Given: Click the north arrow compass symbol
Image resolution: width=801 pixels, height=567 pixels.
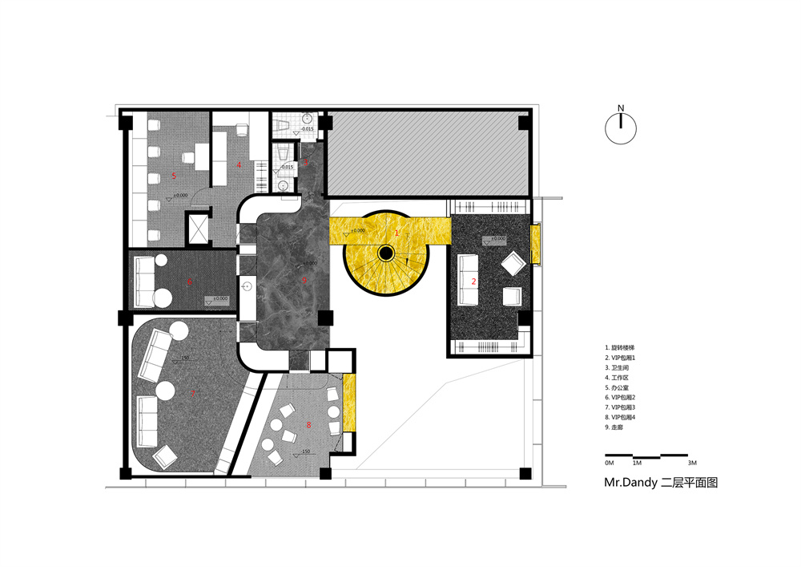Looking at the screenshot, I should (x=621, y=128).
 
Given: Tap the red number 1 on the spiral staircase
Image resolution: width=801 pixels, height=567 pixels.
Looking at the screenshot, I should (x=396, y=232).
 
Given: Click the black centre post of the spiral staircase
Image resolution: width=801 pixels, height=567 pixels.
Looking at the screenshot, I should (x=386, y=253).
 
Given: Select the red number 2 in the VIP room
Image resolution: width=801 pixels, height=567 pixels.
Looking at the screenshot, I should (x=474, y=281).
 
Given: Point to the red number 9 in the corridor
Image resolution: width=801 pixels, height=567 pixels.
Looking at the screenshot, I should (x=304, y=280).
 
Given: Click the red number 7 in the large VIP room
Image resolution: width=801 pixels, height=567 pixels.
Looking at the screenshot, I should (x=193, y=393).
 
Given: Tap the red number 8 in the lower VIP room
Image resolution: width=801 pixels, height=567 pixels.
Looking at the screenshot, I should (x=309, y=424).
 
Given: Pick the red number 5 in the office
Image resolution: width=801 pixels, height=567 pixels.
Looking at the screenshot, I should (x=174, y=175).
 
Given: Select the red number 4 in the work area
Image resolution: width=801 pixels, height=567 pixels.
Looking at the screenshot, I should (x=239, y=164).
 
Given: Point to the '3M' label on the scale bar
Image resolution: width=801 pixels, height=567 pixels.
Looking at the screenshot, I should (x=692, y=464).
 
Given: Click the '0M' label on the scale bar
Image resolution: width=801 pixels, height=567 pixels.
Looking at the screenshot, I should (x=609, y=464).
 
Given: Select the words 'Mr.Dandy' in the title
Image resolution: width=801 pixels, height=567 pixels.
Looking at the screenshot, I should (x=629, y=484).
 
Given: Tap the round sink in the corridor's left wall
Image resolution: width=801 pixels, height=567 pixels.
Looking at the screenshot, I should (x=247, y=286).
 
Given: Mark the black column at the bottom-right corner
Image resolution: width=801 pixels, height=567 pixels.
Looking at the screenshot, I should (x=524, y=473).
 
